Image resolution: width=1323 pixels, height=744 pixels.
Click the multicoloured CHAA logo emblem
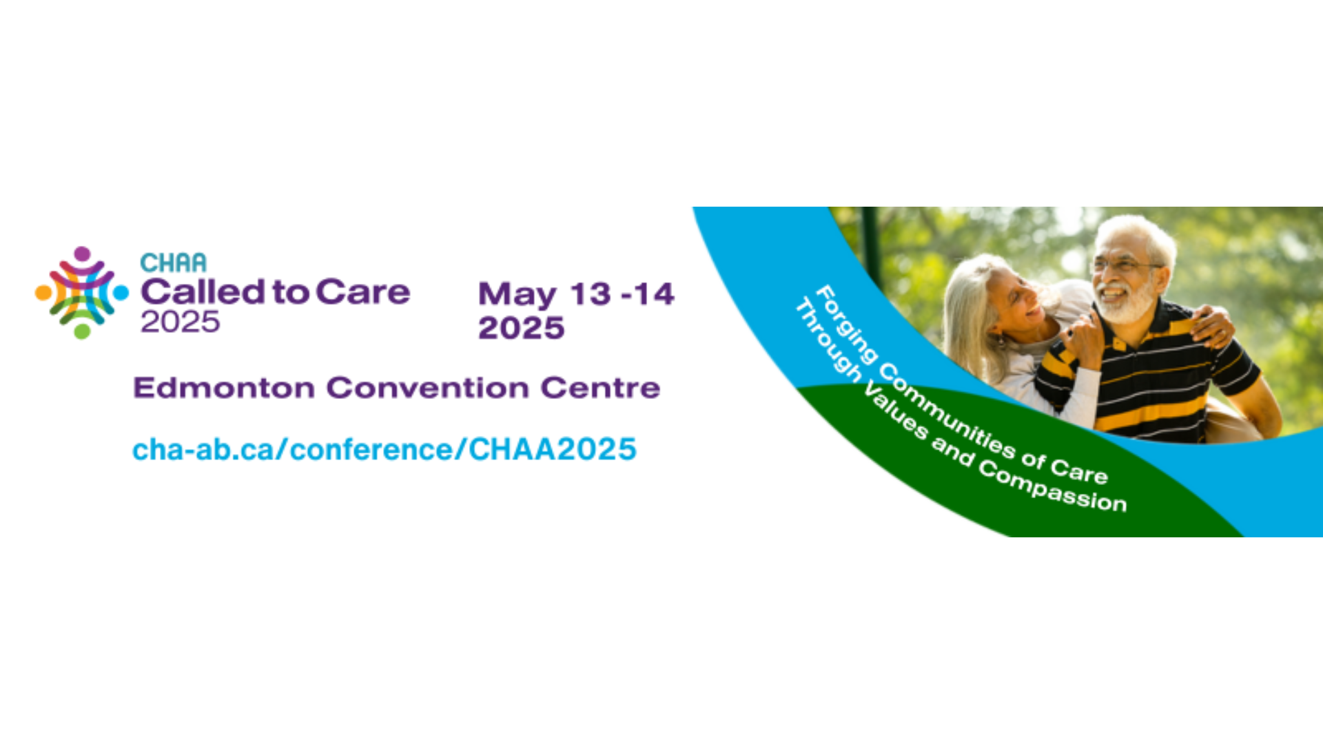pos(82,293)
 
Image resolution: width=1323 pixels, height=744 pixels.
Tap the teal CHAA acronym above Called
pos(173,262)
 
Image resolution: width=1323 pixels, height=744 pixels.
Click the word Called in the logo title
pos(203,291)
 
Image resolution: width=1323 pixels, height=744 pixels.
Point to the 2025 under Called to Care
pos(180,322)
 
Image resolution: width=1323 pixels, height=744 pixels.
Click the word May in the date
pos(517,296)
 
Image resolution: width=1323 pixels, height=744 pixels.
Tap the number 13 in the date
pos(591,294)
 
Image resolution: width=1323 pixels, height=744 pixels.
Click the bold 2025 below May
pos(522,328)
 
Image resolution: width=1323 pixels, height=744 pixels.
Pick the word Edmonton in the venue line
pos(224,388)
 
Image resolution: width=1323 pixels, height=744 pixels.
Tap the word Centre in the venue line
pos(600,388)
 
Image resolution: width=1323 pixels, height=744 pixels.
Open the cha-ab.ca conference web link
pos(384,449)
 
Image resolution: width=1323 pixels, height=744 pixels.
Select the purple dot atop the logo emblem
pos(82,254)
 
